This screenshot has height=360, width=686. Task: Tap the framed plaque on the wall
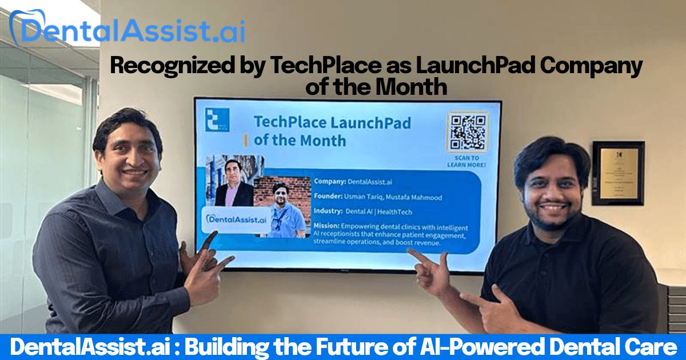(x=617, y=173)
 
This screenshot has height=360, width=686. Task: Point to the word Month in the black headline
(x=416, y=87)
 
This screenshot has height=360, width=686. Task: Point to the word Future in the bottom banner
(x=321, y=347)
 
